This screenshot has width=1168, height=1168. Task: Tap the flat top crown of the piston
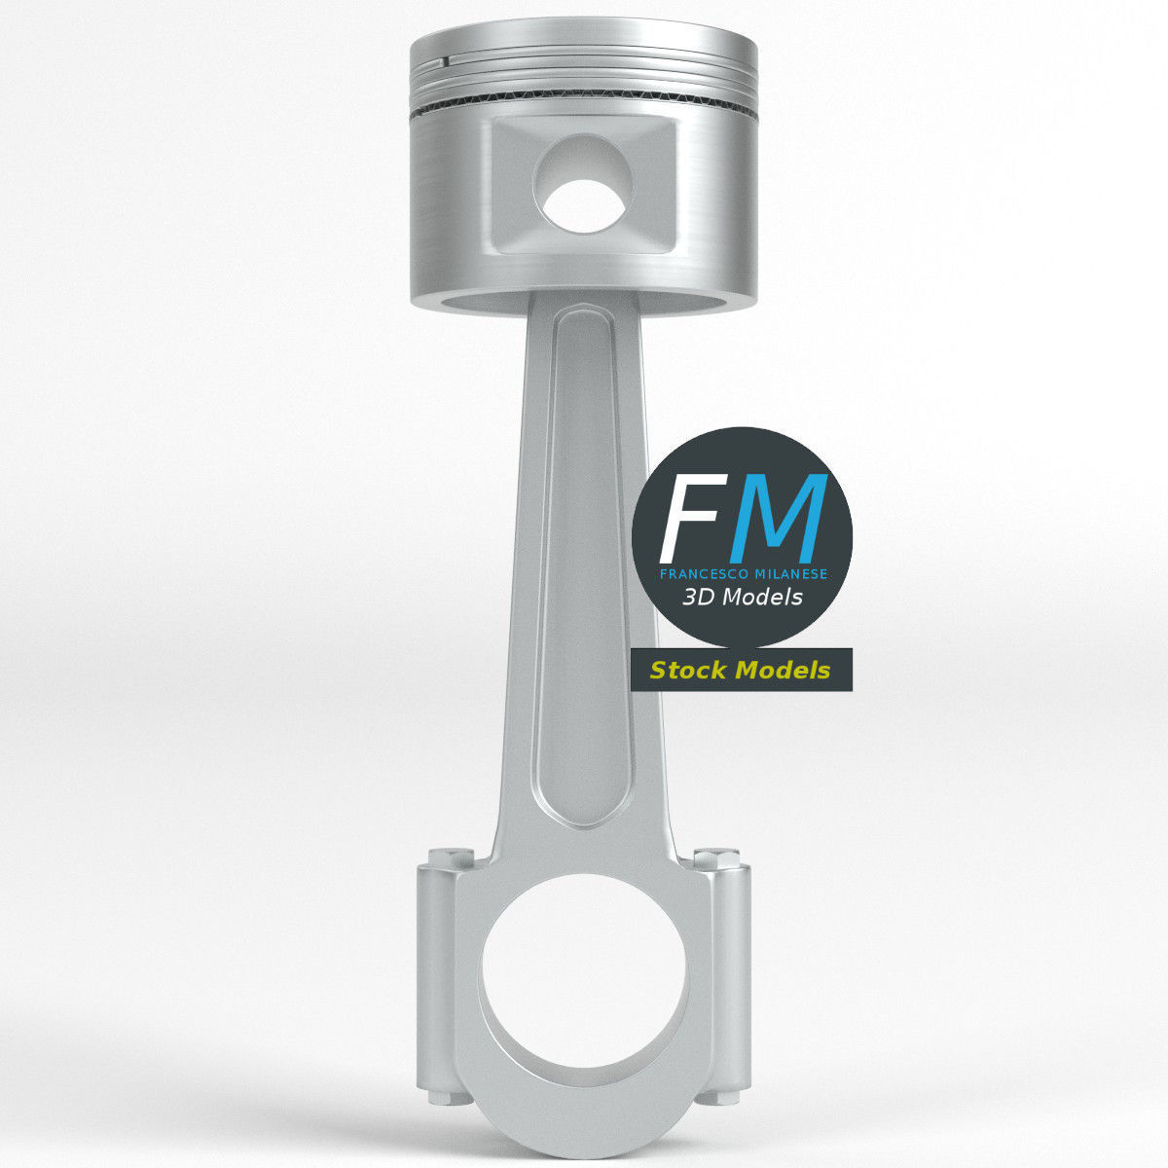click(x=584, y=45)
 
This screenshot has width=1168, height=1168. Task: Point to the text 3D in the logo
click(x=699, y=598)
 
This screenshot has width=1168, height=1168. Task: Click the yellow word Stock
click(x=689, y=671)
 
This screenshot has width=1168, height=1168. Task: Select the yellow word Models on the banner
click(x=785, y=671)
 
